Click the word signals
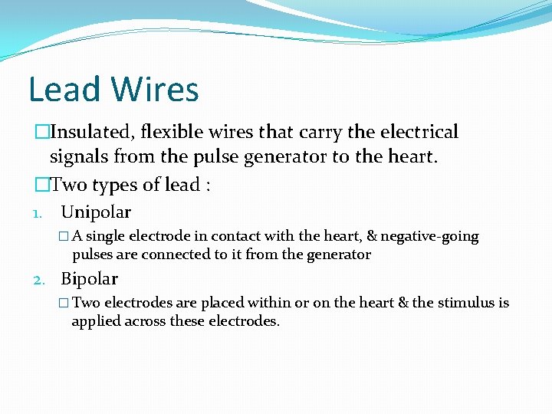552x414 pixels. [80, 158]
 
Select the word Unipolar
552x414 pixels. [96, 212]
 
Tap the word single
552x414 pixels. [107, 237]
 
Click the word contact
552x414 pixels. [237, 237]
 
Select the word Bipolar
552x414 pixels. [90, 280]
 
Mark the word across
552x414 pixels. [149, 322]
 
